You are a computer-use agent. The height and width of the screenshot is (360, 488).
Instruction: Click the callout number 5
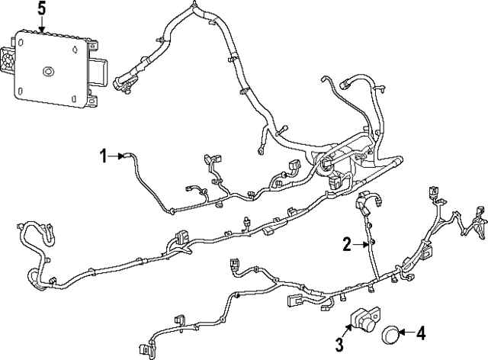click(42, 9)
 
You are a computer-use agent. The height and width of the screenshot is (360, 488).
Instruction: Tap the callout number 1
click(104, 156)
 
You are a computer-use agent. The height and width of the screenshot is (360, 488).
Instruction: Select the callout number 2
click(347, 244)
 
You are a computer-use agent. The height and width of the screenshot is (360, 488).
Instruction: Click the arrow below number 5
click(42, 24)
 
